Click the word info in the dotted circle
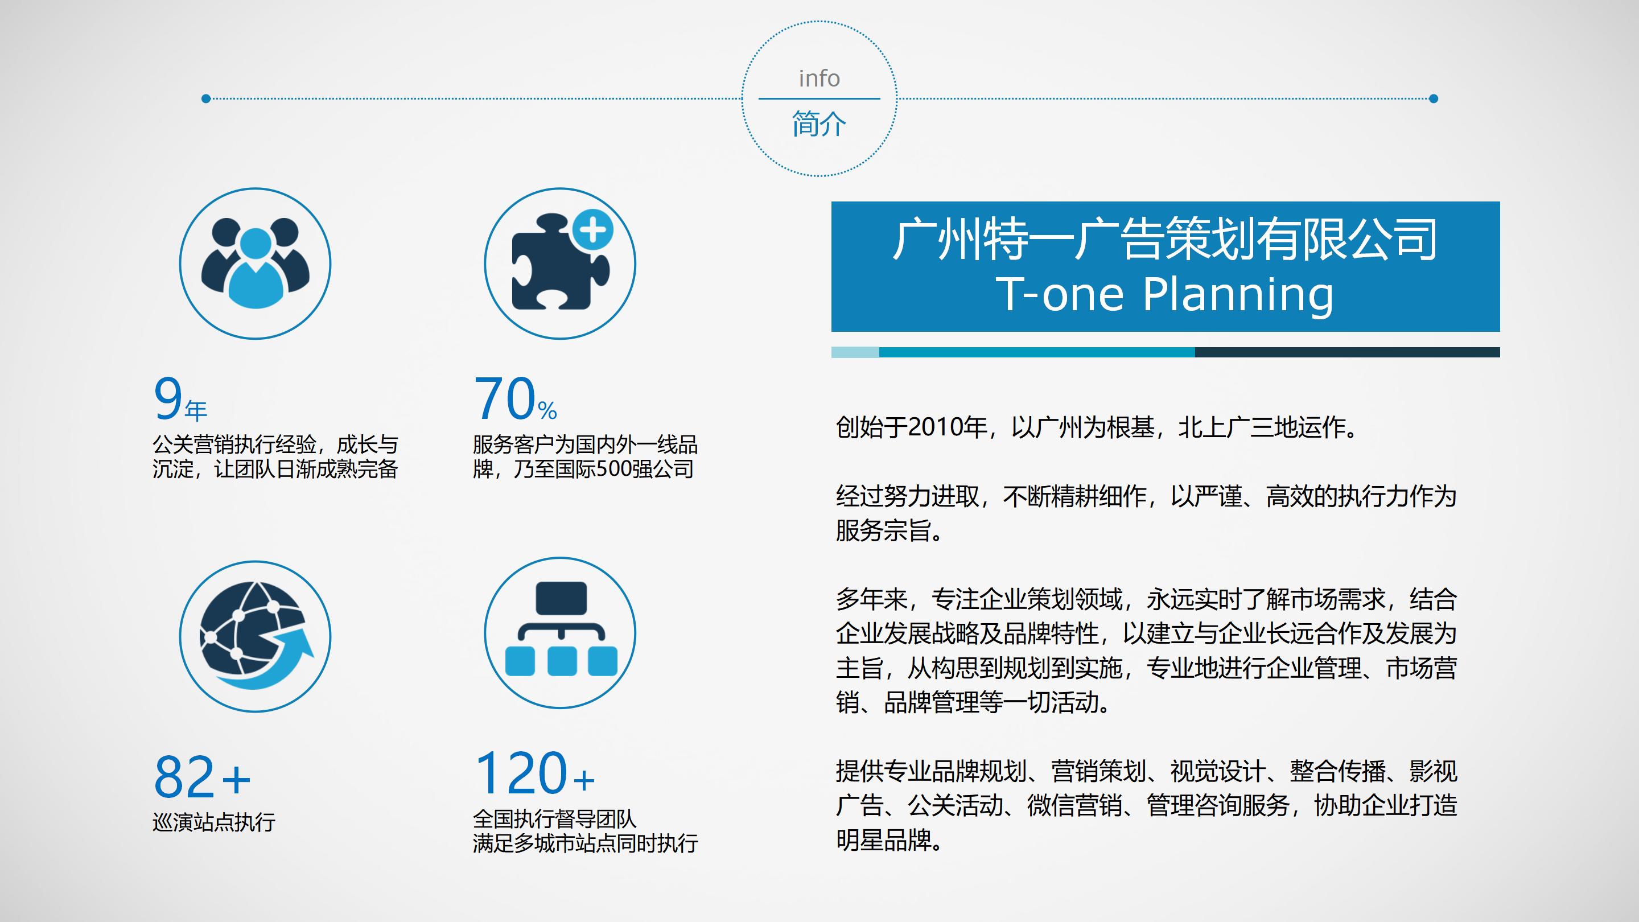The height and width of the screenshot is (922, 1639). [819, 79]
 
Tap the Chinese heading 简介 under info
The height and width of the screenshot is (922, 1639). [819, 124]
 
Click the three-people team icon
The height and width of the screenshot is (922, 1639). [255, 263]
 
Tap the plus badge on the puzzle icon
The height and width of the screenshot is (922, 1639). [592, 230]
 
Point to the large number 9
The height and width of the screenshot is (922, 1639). [168, 399]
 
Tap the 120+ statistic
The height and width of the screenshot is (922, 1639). [534, 772]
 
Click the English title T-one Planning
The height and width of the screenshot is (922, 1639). [1165, 294]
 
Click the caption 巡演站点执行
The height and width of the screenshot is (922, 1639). [214, 822]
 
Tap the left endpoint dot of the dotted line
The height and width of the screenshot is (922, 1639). [205, 98]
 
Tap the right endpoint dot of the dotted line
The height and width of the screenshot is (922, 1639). [1434, 98]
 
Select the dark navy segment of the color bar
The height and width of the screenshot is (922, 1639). [1347, 352]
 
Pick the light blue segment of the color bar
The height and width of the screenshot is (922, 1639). [855, 352]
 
